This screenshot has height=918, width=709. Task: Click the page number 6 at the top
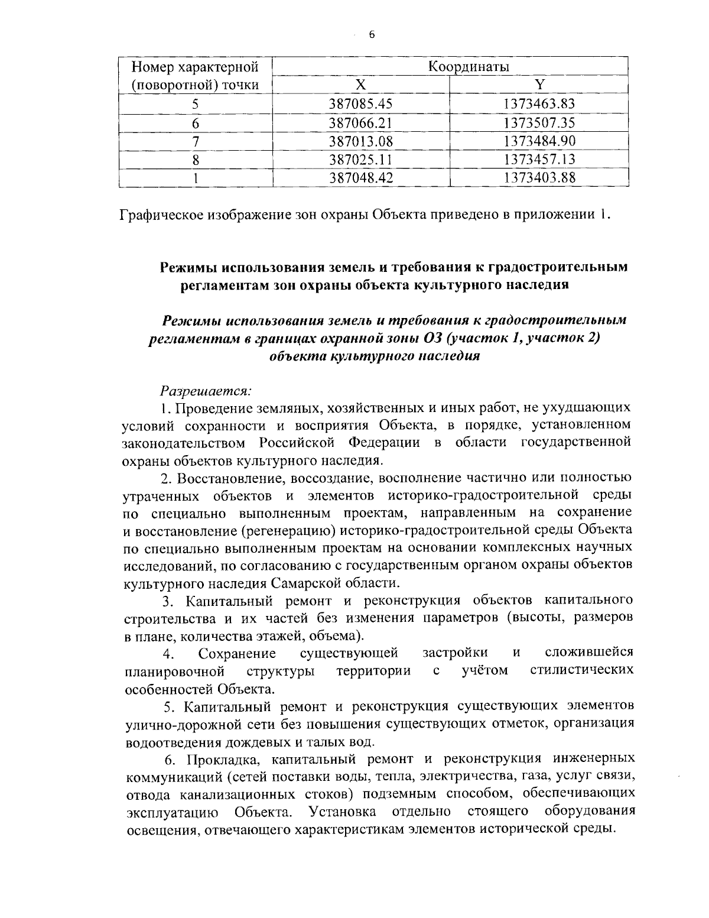pos(372,35)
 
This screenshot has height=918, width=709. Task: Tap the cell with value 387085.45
pos(360,104)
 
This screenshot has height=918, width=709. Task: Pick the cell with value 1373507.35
pos(539,122)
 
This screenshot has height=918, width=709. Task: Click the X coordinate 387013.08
pos(360,141)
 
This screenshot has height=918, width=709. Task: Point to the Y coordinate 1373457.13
pos(539,159)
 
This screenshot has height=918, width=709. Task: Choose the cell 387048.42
pos(360,177)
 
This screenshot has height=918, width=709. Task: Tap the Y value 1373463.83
pos(539,104)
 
